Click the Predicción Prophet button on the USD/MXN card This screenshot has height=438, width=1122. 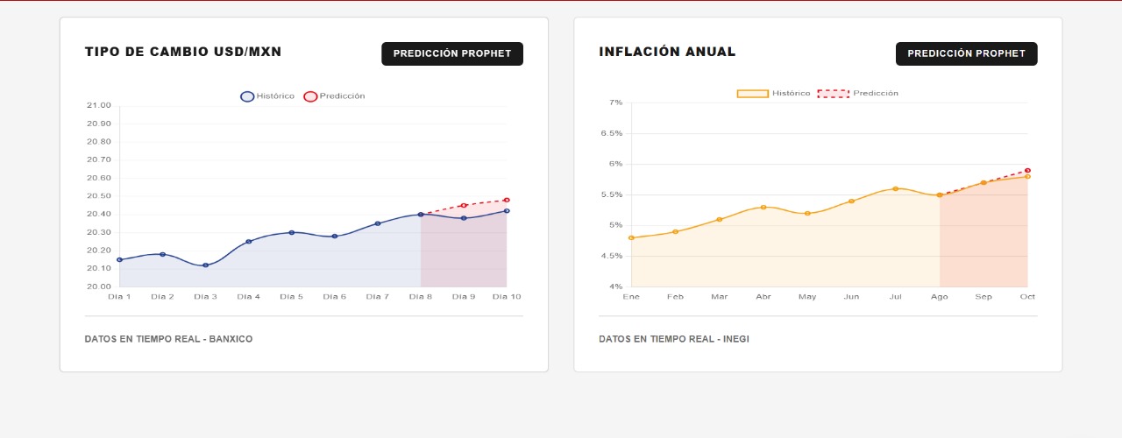(451, 53)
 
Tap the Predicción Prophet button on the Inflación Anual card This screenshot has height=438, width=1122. (966, 53)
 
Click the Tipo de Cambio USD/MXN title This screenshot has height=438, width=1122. (183, 53)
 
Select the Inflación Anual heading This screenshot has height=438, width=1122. (667, 53)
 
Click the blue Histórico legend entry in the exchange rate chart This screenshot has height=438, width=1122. (268, 96)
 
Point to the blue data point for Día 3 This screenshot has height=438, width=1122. (205, 265)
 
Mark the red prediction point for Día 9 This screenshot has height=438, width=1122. (464, 205)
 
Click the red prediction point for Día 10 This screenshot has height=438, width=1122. (507, 200)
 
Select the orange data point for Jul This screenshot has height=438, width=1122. (895, 188)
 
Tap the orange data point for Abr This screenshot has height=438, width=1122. (763, 207)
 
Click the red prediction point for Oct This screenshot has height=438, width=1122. (1027, 171)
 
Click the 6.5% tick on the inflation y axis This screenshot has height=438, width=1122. (611, 133)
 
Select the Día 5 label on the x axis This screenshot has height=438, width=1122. (291, 297)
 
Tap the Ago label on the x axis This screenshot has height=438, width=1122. (940, 297)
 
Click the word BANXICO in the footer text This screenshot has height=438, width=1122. (229, 339)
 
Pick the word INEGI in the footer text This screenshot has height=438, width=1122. (735, 339)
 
